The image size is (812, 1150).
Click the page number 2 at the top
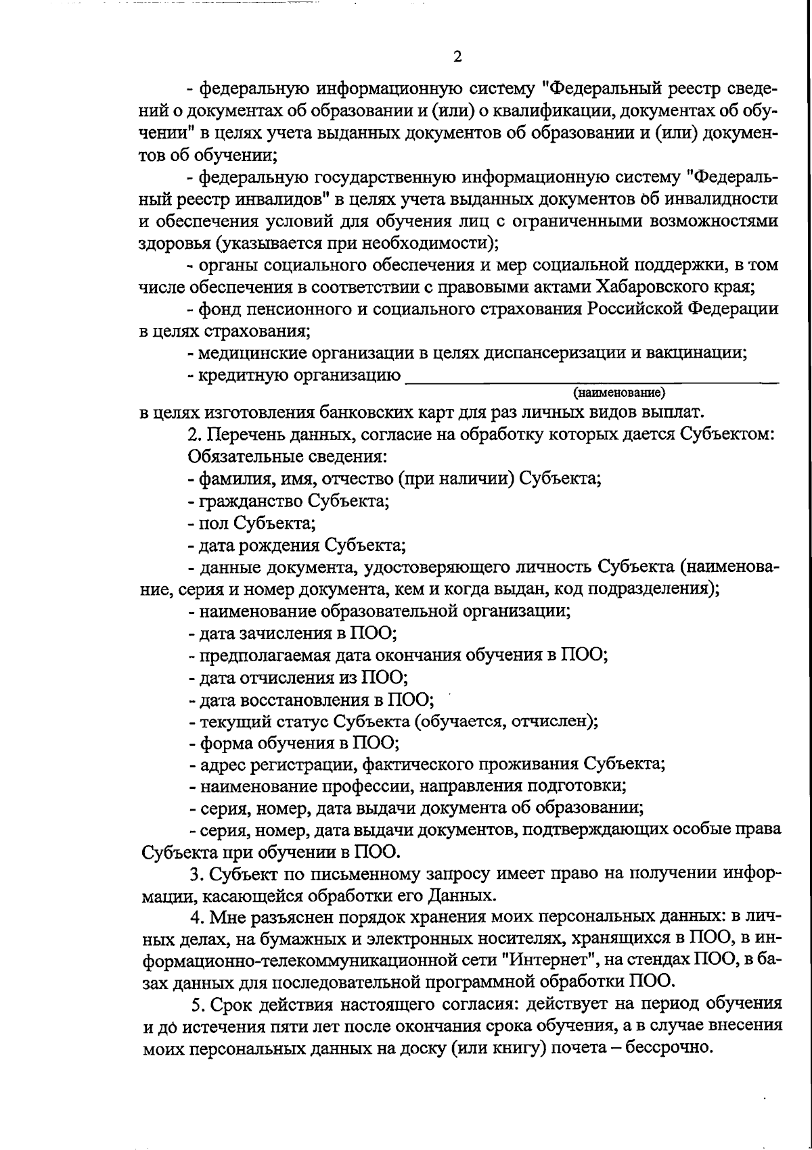[x=457, y=57]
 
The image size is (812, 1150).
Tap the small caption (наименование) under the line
[x=619, y=392]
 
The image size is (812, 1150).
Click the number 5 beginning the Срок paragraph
[x=196, y=1004]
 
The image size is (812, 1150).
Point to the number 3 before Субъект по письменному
[x=195, y=874]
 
